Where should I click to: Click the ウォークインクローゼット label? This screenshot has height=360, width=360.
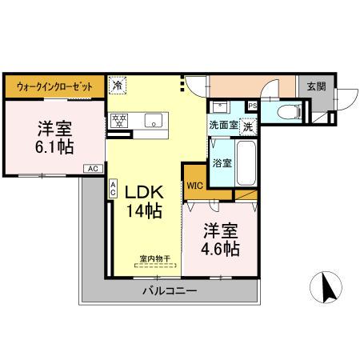pyautogui.click(x=54, y=86)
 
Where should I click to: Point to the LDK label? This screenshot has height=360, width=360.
pyautogui.click(x=143, y=193)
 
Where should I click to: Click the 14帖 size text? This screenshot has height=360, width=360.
pyautogui.click(x=143, y=212)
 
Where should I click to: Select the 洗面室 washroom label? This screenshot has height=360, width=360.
pyautogui.click(x=223, y=125)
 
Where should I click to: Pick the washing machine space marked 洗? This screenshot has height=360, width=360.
pyautogui.click(x=248, y=126)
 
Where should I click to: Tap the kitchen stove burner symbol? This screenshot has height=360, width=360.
pyautogui.click(x=119, y=121)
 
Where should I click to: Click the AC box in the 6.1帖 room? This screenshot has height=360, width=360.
pyautogui.click(x=93, y=169)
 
